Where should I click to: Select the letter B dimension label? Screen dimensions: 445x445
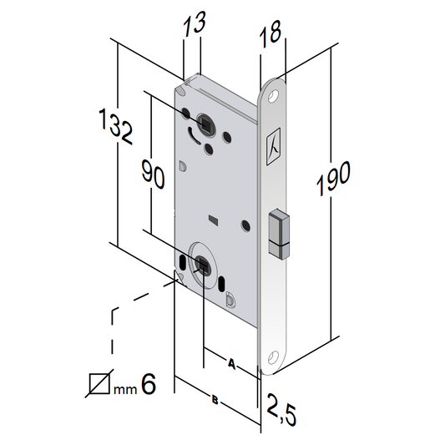[x=215, y=402]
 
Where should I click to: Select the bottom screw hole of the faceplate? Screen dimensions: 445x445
[x=272, y=360]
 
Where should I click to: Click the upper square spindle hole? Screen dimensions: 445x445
[x=203, y=123]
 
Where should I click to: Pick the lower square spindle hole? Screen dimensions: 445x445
[x=202, y=265]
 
